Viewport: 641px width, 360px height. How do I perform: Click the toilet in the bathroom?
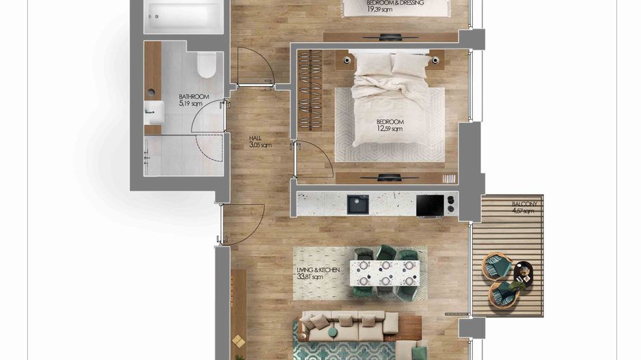204,65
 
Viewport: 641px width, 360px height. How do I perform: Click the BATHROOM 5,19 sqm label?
193,100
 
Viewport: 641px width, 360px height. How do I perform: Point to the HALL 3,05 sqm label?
260,141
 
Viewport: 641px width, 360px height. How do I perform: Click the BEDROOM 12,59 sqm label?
390,126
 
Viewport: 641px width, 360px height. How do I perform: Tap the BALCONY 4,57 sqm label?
525,208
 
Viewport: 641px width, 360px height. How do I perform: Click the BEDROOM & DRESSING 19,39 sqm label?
395,6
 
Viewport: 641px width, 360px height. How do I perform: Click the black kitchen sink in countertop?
357,204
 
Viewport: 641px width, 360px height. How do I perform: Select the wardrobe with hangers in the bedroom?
311,89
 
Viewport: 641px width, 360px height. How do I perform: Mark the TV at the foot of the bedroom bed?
390,178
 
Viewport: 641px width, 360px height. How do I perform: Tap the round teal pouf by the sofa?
332,333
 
